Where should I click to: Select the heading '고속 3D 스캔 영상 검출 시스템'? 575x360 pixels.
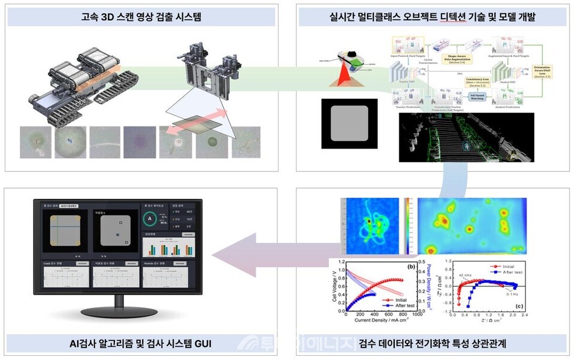[x=141, y=16]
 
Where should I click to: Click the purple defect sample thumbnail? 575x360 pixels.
[x=140, y=141]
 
